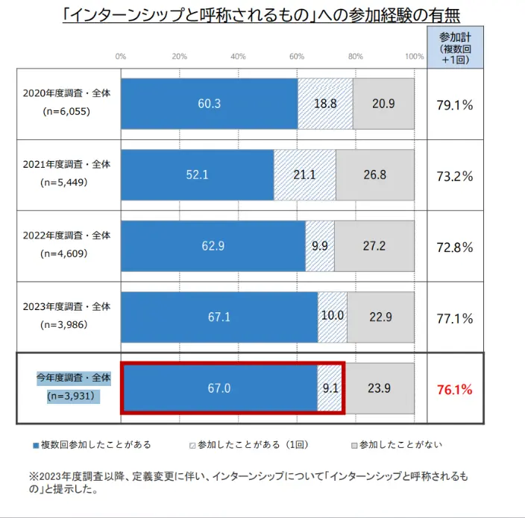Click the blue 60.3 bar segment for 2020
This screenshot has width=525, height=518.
(209, 104)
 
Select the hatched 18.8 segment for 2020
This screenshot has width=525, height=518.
(325, 104)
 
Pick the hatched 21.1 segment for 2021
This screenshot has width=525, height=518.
(304, 175)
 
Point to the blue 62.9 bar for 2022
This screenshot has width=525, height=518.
(213, 246)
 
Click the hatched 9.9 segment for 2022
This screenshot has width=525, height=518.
(320, 246)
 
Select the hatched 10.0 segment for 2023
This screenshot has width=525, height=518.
(332, 317)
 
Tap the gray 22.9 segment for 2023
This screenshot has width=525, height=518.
(380, 317)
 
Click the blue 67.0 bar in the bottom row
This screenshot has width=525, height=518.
(219, 388)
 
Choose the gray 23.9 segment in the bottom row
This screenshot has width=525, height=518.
(379, 388)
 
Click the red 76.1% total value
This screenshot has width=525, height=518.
(455, 389)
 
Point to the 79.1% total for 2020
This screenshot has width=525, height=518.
(455, 105)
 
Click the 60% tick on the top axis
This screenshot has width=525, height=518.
(297, 57)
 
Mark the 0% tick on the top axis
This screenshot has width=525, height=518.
(121, 57)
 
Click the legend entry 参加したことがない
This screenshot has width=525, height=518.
(395, 445)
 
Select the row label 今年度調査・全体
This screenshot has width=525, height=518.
(73, 379)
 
